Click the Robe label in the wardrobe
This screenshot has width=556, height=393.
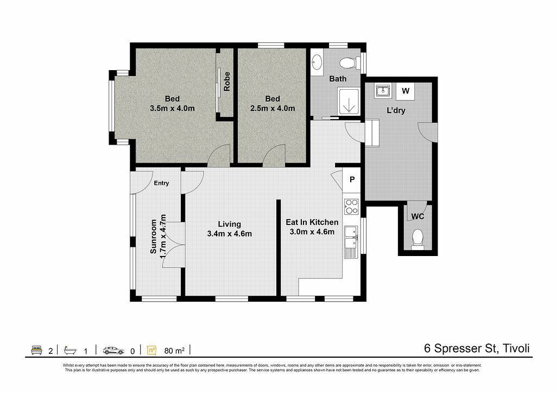[x=227, y=82]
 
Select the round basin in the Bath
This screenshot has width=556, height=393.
[x=317, y=63]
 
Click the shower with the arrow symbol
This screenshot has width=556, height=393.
[x=349, y=102]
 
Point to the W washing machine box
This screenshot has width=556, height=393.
[x=406, y=91]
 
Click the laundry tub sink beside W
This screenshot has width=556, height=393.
[x=383, y=91]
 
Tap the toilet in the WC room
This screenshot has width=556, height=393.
[x=418, y=239]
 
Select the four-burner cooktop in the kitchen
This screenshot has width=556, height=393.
[x=351, y=206]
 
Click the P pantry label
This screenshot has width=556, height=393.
[x=352, y=179]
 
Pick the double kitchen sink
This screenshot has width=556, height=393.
[x=351, y=238]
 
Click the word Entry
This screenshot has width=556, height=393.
[x=161, y=183]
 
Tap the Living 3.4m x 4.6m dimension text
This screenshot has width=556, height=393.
[x=230, y=234]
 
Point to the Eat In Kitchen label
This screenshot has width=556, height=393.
[x=312, y=222]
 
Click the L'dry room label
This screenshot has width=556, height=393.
[x=396, y=110]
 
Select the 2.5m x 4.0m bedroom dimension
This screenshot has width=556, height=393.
[x=273, y=108]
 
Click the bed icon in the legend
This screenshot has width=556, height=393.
[x=37, y=350]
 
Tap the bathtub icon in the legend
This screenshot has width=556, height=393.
[x=70, y=351]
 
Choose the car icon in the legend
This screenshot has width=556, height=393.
[x=114, y=351]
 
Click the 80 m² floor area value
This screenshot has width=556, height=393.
[x=174, y=351]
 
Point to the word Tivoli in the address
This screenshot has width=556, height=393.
[x=516, y=348]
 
